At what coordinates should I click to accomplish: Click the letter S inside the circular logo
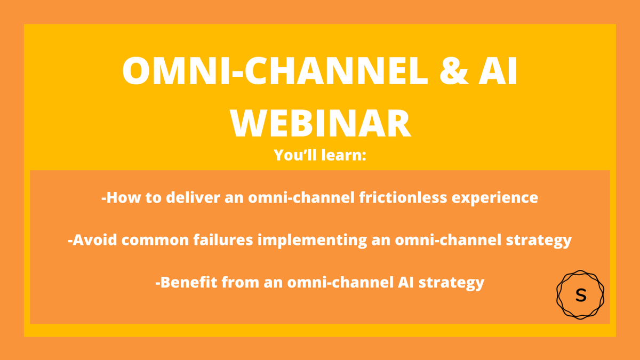coord(580,295)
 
